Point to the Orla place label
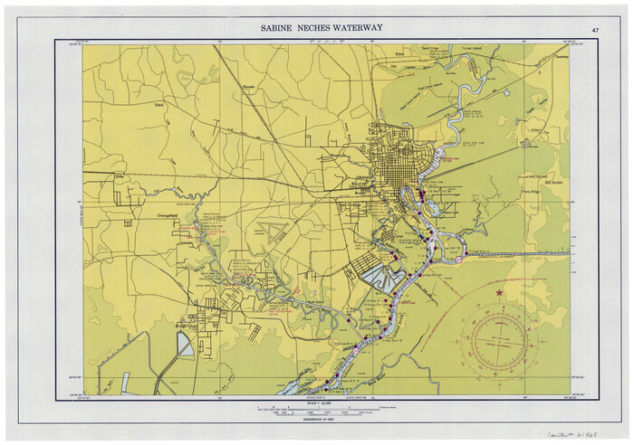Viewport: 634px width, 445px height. click(118, 176)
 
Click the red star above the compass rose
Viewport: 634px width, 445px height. click(497, 292)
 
